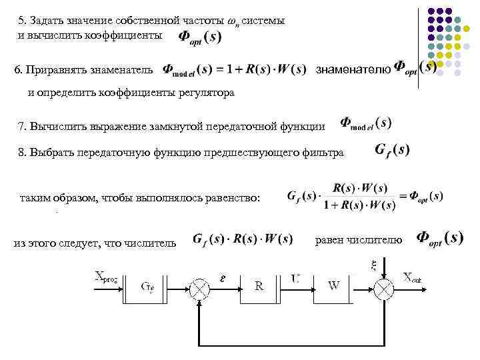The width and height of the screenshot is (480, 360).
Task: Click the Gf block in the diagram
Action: [x=148, y=287]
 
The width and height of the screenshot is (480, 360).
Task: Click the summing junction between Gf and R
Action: [x=200, y=287]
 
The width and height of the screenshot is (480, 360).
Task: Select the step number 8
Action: [x=22, y=153]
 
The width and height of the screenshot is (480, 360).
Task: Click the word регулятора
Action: [x=207, y=93]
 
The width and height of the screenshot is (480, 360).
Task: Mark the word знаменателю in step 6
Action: [x=353, y=69]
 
